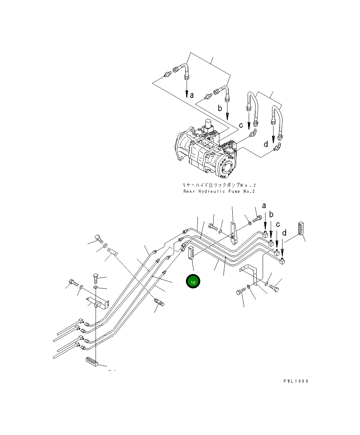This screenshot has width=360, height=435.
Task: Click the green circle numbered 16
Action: pyautogui.click(x=193, y=282)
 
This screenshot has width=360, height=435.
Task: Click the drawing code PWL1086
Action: pyautogui.click(x=296, y=381)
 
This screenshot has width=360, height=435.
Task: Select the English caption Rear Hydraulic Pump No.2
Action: pyautogui.click(x=219, y=191)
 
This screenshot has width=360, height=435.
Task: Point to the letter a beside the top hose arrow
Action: pyautogui.click(x=192, y=95)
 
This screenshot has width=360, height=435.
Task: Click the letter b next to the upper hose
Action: pyautogui.click(x=220, y=108)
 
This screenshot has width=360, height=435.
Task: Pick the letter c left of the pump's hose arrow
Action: pyautogui.click(x=240, y=125)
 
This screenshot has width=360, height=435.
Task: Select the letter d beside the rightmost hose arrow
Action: pyautogui.click(x=266, y=144)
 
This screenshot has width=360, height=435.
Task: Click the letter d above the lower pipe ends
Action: pyautogui.click(x=284, y=233)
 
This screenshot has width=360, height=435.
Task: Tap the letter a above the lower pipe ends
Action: pyautogui.click(x=264, y=205)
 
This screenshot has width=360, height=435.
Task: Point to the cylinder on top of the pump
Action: pyautogui.click(x=209, y=124)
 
